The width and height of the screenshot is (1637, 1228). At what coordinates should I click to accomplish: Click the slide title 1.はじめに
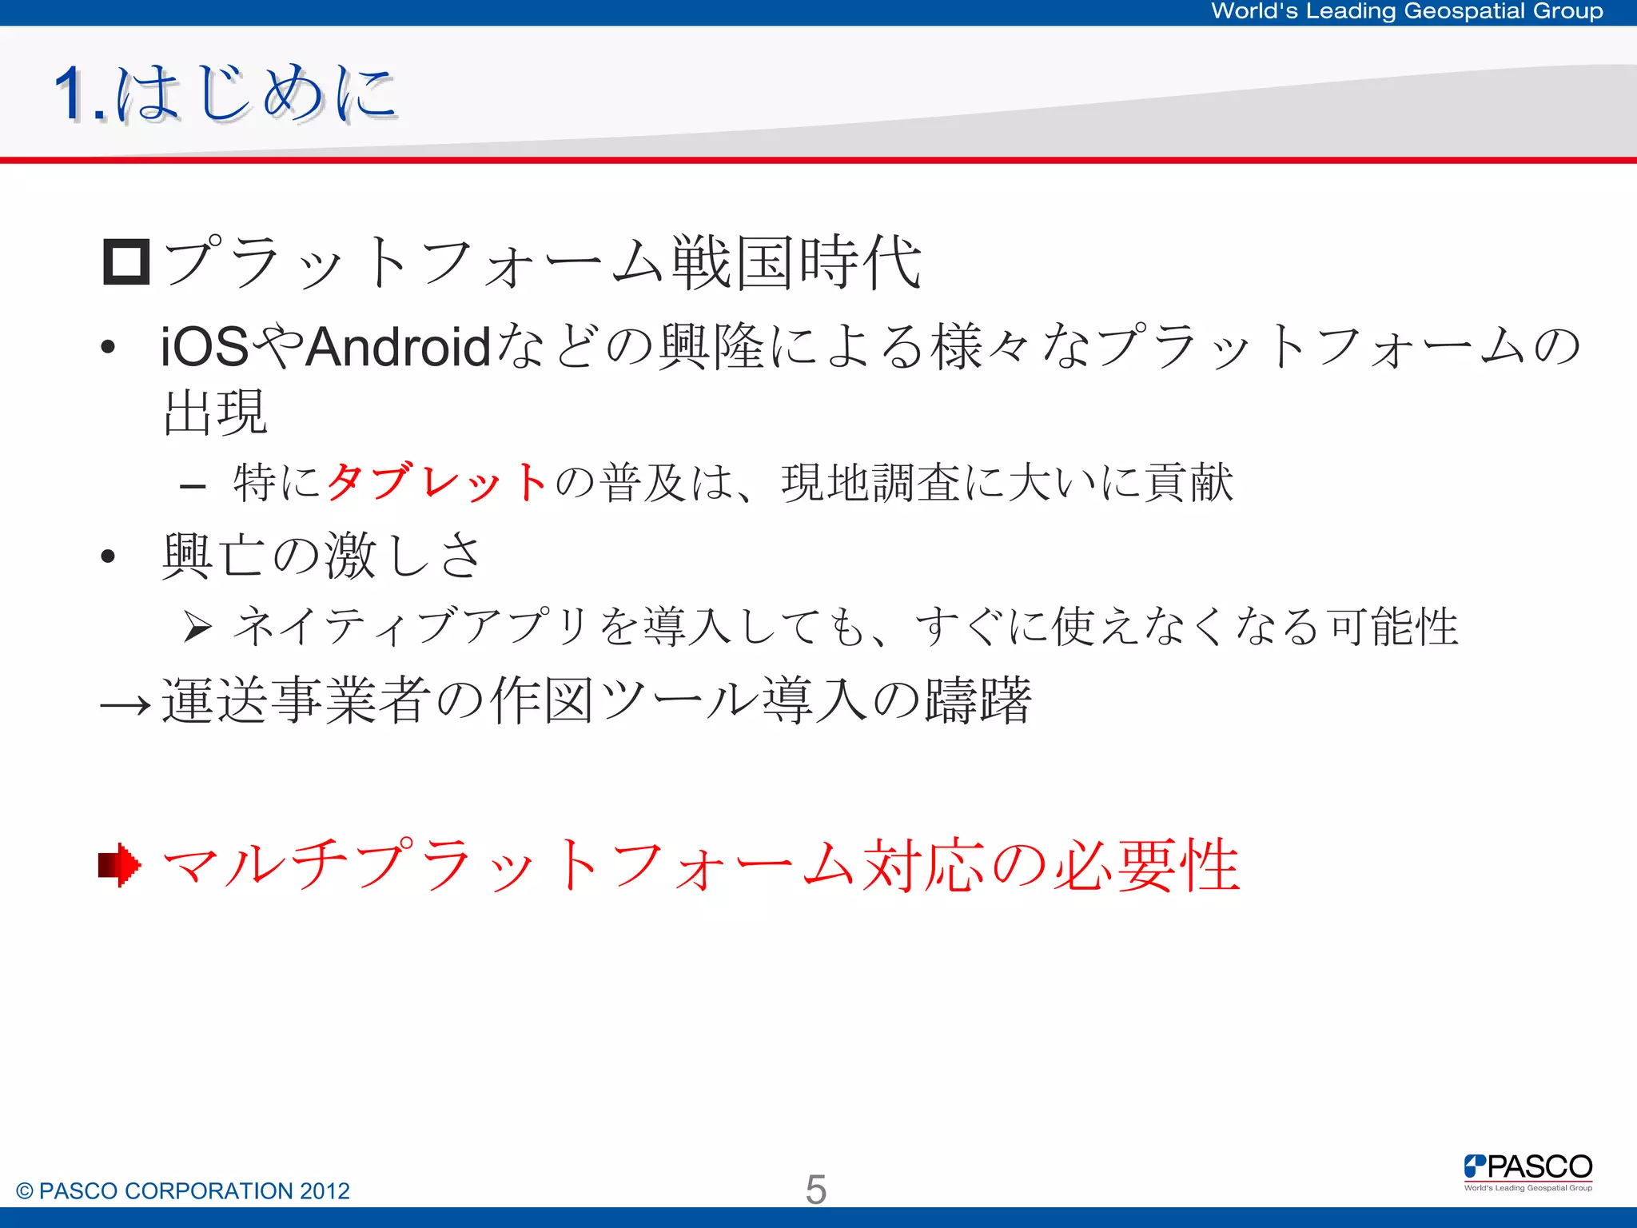click(x=226, y=94)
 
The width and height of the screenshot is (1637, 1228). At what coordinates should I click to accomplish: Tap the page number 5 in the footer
click(x=815, y=1190)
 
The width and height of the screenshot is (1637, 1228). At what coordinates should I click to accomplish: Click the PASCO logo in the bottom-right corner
click(x=1527, y=1171)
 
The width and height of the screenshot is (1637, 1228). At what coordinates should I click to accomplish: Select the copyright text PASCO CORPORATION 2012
click(x=183, y=1191)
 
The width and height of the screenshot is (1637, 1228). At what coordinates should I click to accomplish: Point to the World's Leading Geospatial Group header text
click(x=1407, y=11)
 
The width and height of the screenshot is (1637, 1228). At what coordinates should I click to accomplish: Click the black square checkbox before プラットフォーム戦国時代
click(x=126, y=262)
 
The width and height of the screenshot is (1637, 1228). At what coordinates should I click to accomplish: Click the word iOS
click(x=205, y=347)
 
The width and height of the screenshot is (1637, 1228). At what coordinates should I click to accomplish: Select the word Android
click(x=398, y=347)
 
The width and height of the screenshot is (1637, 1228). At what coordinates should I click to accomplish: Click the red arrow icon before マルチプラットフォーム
click(x=120, y=865)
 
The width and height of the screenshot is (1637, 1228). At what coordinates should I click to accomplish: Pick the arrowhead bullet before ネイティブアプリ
click(x=197, y=626)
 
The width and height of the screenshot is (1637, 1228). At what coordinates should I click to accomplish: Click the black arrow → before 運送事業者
click(x=125, y=704)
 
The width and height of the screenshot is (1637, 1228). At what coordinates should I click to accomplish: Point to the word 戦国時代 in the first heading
click(x=796, y=262)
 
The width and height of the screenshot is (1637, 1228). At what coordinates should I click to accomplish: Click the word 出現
click(x=215, y=413)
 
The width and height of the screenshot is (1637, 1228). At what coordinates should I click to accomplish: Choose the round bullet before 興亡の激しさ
click(x=109, y=556)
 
